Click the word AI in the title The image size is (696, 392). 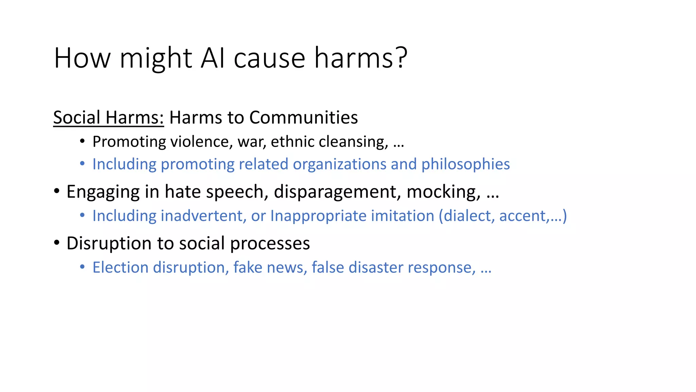click(x=213, y=58)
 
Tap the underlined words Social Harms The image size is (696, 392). click(x=108, y=117)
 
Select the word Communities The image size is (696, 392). click(x=303, y=117)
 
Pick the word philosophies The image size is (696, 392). click(x=466, y=164)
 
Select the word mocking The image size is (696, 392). click(x=443, y=192)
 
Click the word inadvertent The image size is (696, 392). click(x=203, y=216)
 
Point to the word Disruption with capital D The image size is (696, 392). click(x=109, y=243)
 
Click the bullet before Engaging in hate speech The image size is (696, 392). click(x=57, y=191)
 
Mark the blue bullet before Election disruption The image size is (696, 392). click(x=82, y=267)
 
